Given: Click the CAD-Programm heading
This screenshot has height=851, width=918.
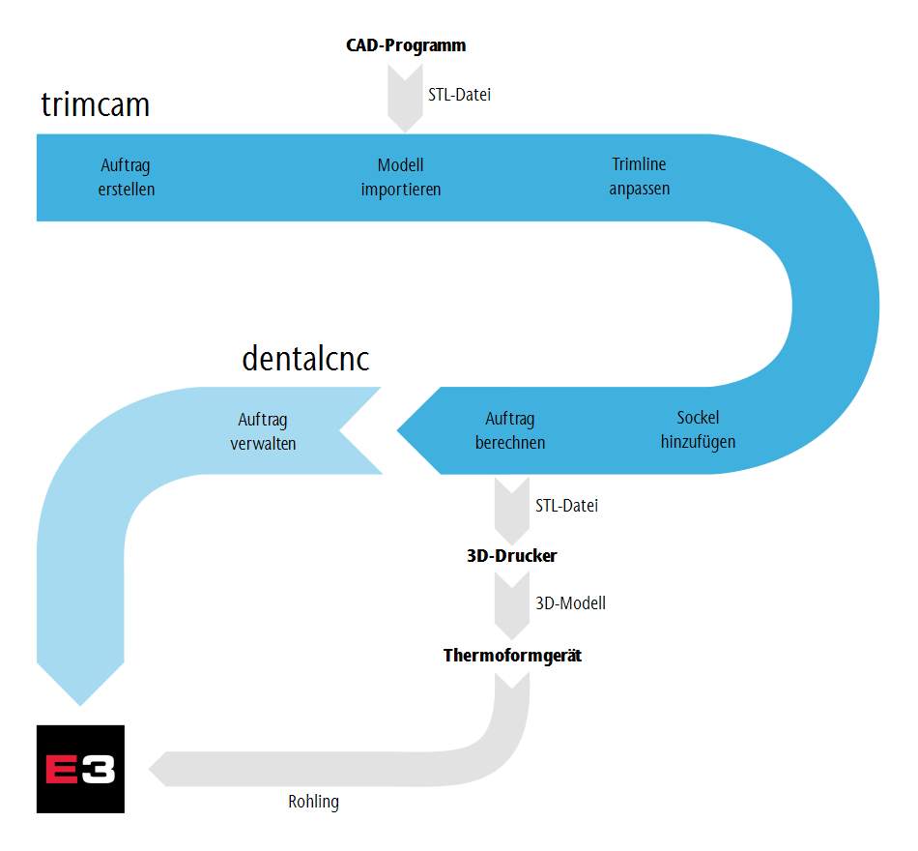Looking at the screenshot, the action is pyautogui.click(x=406, y=45).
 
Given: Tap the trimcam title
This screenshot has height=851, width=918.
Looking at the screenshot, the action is pyautogui.click(x=96, y=104).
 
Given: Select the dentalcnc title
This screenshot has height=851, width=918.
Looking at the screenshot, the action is pyautogui.click(x=305, y=358).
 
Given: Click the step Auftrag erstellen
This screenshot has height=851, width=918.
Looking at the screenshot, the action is pyautogui.click(x=127, y=177).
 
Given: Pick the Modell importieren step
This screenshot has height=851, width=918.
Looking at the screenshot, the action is pyautogui.click(x=401, y=177).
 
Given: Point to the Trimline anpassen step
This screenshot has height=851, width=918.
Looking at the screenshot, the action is pyautogui.click(x=640, y=176).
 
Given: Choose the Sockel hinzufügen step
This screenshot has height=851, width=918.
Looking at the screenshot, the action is pyautogui.click(x=698, y=429).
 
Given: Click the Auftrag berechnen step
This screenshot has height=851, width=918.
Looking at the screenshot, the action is pyautogui.click(x=510, y=430).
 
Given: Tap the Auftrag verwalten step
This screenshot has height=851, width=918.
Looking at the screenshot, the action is pyautogui.click(x=263, y=431).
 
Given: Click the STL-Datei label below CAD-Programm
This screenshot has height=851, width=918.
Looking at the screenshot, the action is pyautogui.click(x=460, y=95).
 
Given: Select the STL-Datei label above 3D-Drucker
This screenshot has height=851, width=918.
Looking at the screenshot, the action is pyautogui.click(x=566, y=506).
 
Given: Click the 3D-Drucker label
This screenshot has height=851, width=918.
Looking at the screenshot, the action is pyautogui.click(x=512, y=556).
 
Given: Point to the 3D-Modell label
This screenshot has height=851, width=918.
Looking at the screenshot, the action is pyautogui.click(x=571, y=603).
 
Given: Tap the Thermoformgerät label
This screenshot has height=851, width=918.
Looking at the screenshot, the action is pyautogui.click(x=512, y=656).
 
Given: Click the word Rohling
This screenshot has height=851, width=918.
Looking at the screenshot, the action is pyautogui.click(x=314, y=802).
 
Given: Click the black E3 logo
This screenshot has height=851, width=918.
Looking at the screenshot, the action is pyautogui.click(x=81, y=769).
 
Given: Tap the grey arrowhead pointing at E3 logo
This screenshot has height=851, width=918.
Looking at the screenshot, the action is pyautogui.click(x=158, y=769).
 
